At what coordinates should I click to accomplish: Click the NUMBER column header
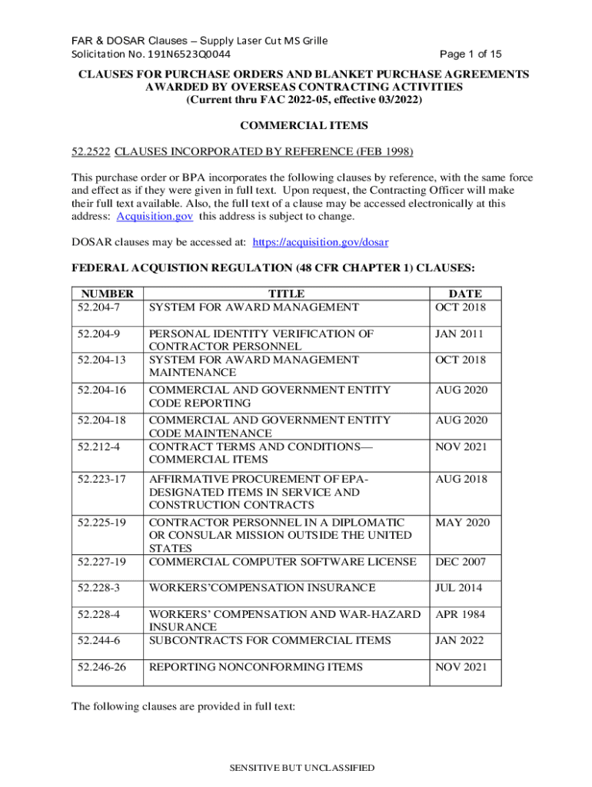tap(108, 294)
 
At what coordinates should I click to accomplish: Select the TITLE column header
tap(286, 294)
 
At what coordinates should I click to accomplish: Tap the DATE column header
tap(465, 294)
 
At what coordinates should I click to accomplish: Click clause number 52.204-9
tap(98, 334)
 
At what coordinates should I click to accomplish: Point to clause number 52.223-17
tap(101, 479)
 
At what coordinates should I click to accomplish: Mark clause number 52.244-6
tap(98, 640)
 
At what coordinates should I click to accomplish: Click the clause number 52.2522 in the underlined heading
tap(91, 151)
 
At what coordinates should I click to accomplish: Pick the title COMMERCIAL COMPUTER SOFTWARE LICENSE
tap(282, 562)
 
